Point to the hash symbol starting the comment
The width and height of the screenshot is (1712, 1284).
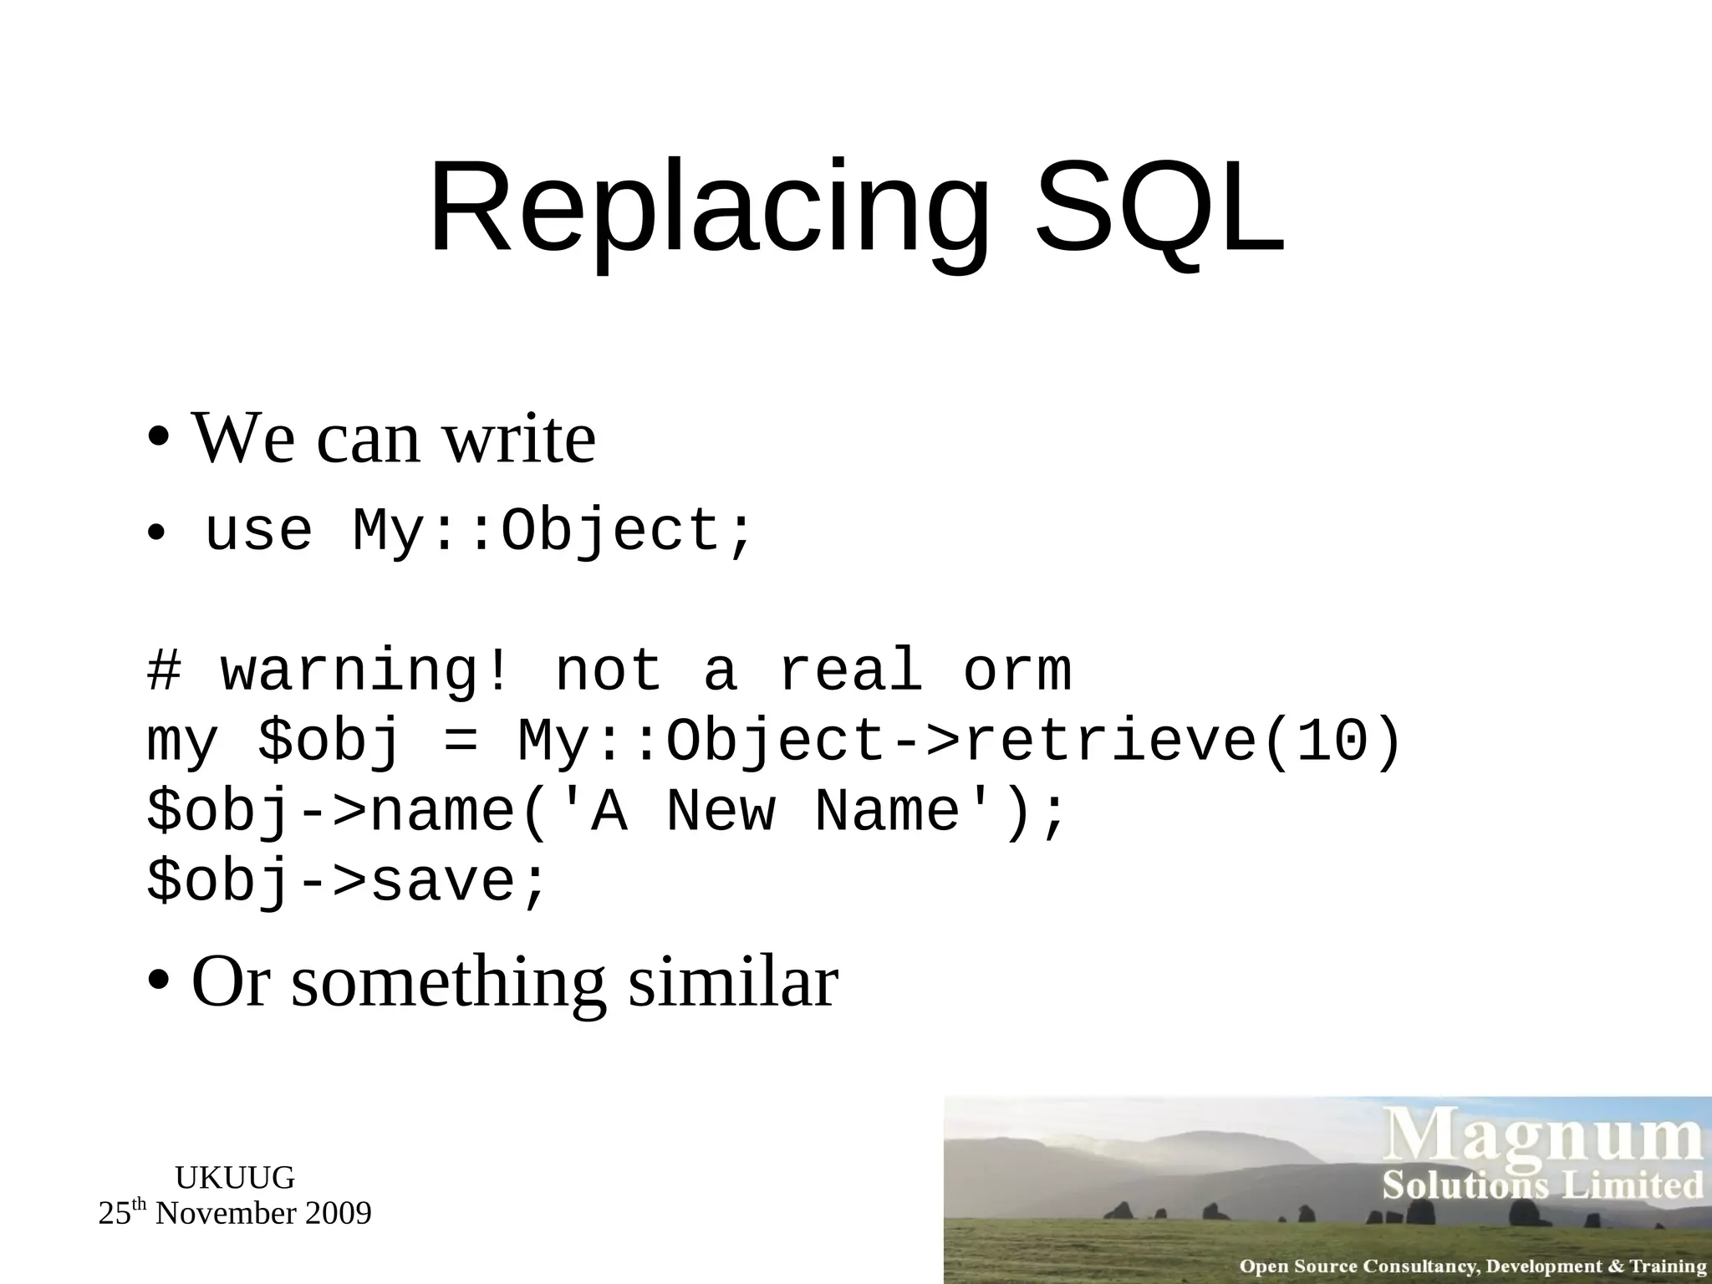(165, 671)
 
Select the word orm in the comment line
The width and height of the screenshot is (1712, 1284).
(1016, 671)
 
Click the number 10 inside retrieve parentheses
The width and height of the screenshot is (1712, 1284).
(1333, 741)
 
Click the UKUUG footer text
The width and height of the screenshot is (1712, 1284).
(235, 1178)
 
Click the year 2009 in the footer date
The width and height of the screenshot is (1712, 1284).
(338, 1213)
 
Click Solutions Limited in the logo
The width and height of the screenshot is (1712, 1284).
(1542, 1186)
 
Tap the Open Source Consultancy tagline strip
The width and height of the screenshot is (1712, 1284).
(1471, 1266)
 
